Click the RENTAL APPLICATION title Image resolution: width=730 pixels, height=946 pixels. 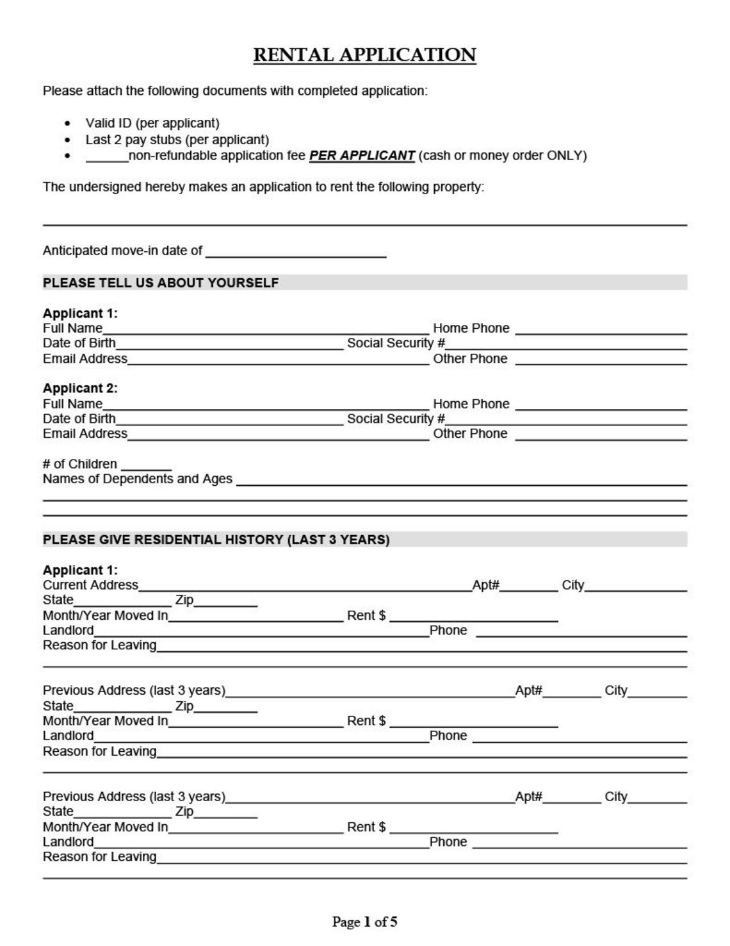[364, 55]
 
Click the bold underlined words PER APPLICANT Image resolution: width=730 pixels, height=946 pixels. [362, 156]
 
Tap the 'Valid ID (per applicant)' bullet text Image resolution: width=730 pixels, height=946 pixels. [152, 123]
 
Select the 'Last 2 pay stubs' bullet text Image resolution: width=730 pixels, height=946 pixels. [177, 140]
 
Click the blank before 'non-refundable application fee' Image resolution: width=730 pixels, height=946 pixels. [107, 157]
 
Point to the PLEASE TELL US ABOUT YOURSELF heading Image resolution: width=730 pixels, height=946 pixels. [161, 283]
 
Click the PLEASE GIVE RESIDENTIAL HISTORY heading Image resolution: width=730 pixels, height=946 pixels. [216, 540]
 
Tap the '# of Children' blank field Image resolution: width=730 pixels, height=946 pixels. [146, 465]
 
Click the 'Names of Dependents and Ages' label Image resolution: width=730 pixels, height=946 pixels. [137, 479]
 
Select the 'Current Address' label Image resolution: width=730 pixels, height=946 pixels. [90, 585]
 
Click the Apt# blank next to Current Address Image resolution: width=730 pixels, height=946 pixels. [528, 586]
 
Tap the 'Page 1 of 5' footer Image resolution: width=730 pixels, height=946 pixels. [364, 922]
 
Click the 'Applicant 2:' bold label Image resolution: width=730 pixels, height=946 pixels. [80, 388]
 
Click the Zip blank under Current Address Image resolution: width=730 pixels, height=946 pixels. [225, 602]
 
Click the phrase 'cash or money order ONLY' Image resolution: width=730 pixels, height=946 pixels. [502, 156]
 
